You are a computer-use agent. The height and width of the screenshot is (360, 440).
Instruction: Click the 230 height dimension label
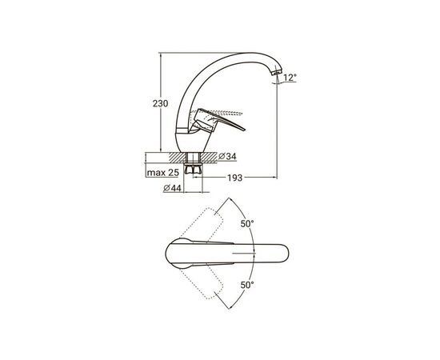click(x=160, y=103)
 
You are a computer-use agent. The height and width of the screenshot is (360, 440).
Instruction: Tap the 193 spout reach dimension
click(x=234, y=178)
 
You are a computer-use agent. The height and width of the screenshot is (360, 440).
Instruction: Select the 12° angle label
click(x=290, y=77)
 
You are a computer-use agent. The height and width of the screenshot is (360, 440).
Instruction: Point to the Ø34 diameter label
click(x=227, y=156)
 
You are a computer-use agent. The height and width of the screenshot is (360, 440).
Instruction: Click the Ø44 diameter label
click(x=172, y=188)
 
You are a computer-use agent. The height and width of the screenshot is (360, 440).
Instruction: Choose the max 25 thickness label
click(x=162, y=173)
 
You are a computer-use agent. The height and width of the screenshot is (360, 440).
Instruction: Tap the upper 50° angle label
click(x=247, y=224)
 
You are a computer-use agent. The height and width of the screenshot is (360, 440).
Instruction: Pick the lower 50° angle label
click(x=247, y=285)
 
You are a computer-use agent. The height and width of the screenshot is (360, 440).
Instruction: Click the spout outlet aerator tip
click(x=277, y=72)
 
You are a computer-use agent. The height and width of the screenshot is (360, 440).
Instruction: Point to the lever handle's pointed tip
click(x=245, y=130)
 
